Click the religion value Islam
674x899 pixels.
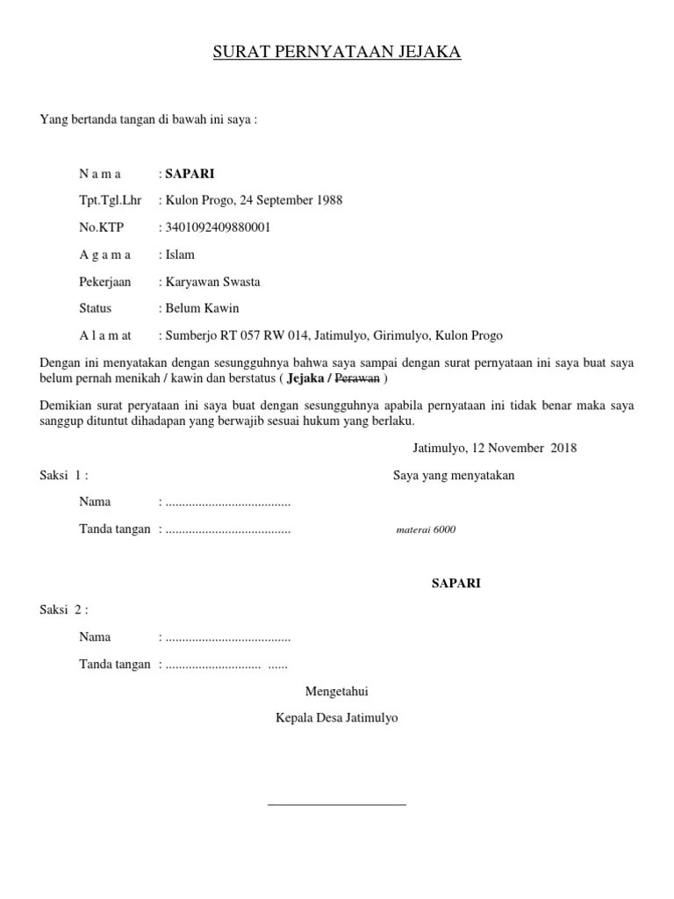tap(180, 255)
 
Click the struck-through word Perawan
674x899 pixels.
tap(358, 379)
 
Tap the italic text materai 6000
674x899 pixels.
tap(427, 530)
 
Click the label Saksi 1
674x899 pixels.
tap(64, 476)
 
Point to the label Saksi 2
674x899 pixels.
tap(64, 609)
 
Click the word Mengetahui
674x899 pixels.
tap(337, 691)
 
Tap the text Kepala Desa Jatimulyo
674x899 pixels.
tap(337, 717)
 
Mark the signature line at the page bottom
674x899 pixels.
tap(337, 803)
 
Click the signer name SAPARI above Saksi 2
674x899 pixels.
tap(455, 583)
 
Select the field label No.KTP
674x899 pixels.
tap(102, 227)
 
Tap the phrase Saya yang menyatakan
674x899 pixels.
tap(454, 476)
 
